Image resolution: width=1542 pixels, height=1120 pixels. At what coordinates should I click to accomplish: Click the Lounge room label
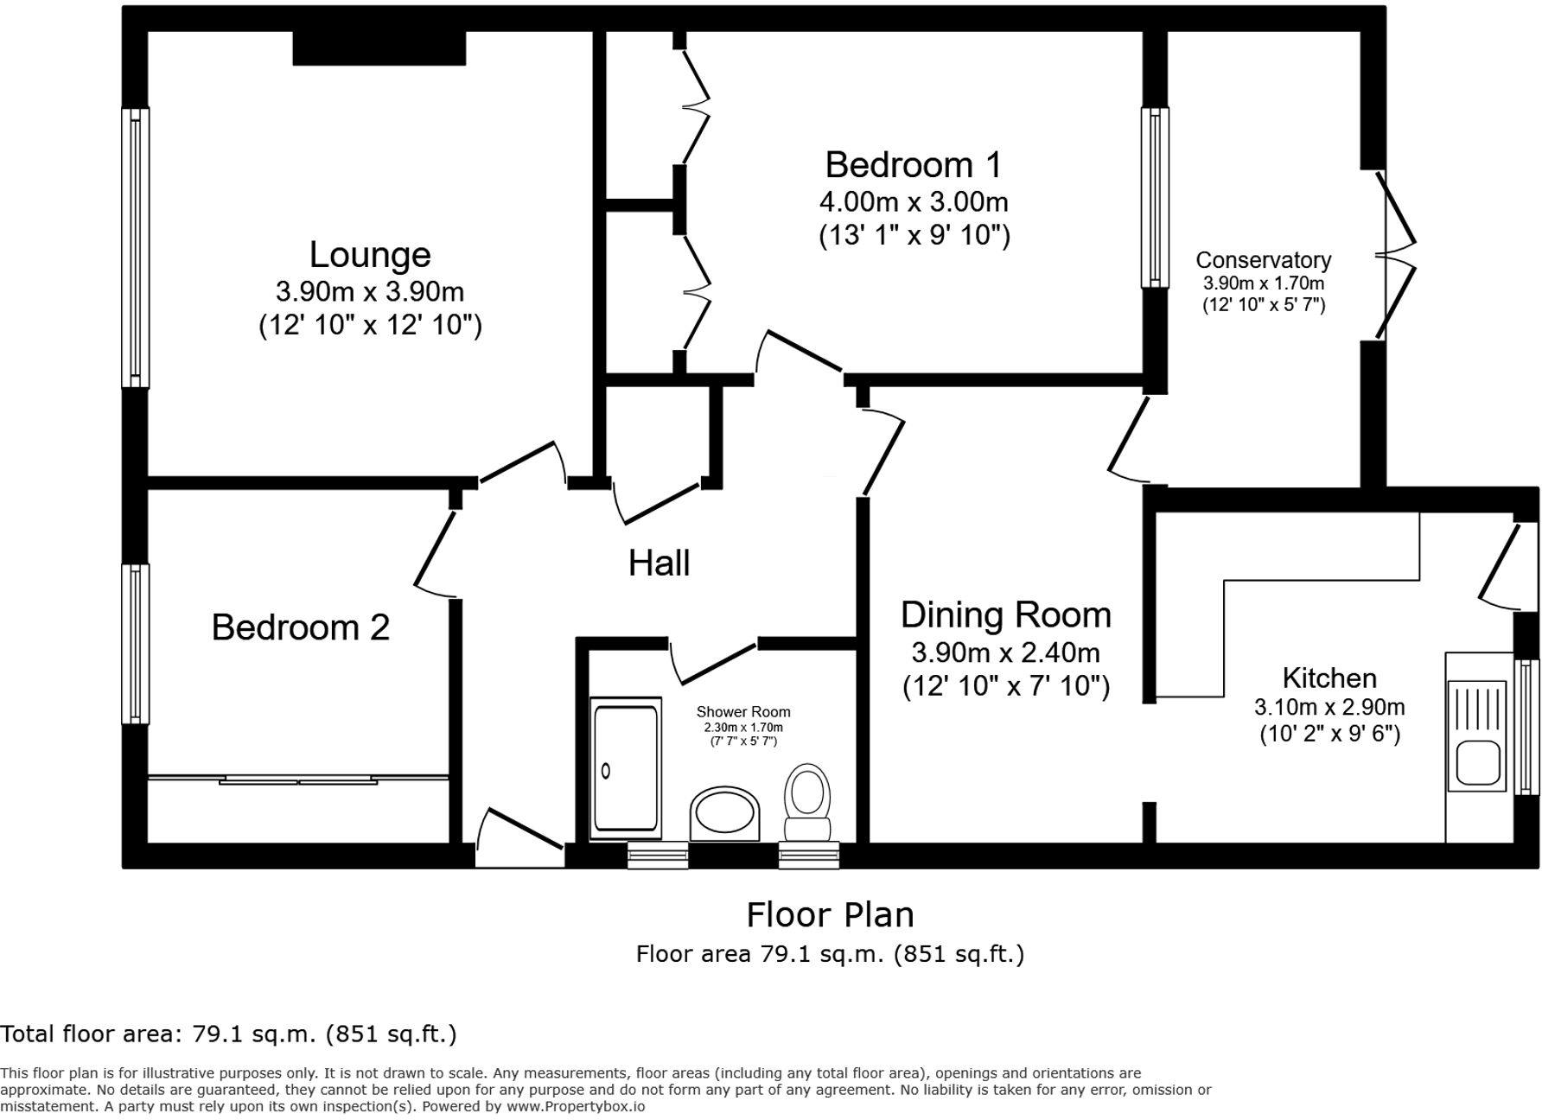(370, 255)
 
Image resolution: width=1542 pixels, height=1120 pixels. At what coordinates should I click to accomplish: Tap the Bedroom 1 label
(914, 164)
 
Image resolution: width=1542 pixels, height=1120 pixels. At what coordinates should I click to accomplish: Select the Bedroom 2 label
(301, 627)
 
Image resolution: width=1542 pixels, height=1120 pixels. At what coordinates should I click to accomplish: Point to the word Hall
(659, 563)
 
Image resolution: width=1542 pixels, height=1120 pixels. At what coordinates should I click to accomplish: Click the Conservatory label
(1263, 260)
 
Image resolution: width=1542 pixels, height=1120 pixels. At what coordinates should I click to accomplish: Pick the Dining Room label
(1006, 615)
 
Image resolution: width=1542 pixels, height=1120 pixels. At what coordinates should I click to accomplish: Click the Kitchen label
(1329, 678)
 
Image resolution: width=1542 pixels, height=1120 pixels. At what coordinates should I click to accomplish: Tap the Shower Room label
(743, 712)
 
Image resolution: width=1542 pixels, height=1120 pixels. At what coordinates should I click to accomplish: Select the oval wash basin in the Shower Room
(724, 813)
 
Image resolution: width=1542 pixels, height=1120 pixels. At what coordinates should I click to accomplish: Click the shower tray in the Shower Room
(625, 767)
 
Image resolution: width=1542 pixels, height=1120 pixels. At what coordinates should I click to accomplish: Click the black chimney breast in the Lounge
(379, 48)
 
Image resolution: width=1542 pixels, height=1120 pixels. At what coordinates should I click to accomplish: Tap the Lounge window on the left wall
(135, 248)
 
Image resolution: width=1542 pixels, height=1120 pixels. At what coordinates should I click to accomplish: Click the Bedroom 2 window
(135, 644)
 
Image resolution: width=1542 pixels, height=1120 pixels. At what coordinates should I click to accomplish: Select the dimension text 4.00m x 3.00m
(914, 202)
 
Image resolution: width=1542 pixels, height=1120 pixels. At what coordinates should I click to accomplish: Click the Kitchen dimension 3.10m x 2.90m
(1329, 707)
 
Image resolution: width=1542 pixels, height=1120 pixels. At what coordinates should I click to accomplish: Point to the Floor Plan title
(830, 914)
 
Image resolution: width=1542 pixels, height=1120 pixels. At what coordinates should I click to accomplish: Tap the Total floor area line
(228, 1034)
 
